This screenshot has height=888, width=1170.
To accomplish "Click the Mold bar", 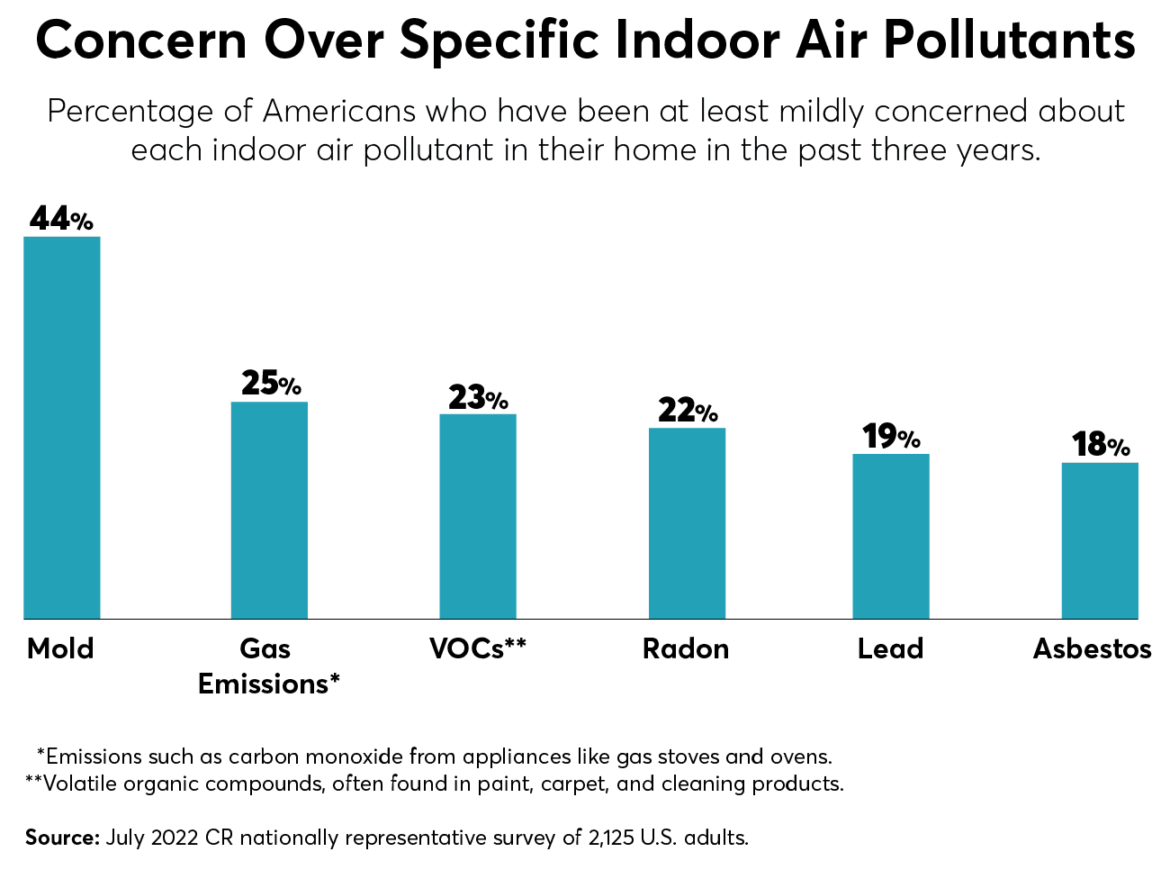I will pos(61,428).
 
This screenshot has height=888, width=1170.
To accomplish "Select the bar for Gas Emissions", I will pos(269,510).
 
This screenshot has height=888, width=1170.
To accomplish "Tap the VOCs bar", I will pos(478,516).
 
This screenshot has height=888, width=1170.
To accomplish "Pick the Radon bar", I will pos(687,523).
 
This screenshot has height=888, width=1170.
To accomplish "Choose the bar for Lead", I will pos(891,536).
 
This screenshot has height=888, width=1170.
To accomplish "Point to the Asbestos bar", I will pos(1100,540).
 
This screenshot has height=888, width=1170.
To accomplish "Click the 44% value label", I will pos(61,219).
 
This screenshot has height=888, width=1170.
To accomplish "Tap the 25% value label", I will pos(270,384).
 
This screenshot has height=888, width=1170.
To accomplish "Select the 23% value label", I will pos(478,397).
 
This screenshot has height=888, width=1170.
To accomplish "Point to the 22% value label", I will pos(688,411).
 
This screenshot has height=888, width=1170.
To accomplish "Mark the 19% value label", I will pos(891,437).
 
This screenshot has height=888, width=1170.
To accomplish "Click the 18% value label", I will pos(1100,445).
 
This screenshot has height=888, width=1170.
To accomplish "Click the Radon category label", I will pos(686,648).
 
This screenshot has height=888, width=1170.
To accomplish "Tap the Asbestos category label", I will pos(1092,648).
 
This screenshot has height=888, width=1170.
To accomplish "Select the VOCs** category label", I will pos(478,648).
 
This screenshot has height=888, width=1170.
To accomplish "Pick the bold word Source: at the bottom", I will pos(61,838).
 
